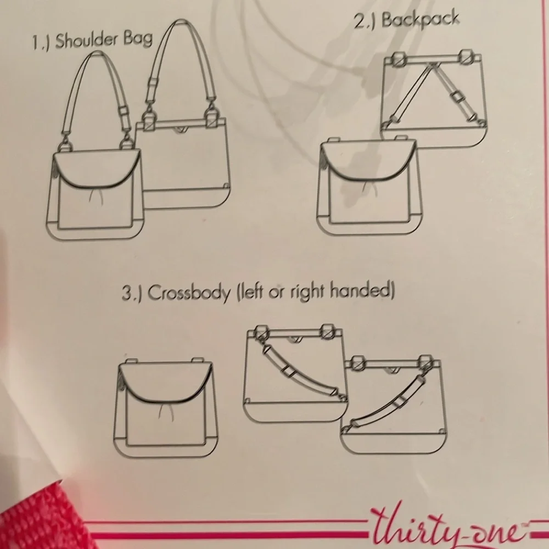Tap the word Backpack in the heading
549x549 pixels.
(x=420, y=19)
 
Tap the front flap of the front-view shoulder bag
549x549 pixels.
(x=93, y=170)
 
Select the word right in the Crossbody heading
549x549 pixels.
(x=300, y=292)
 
